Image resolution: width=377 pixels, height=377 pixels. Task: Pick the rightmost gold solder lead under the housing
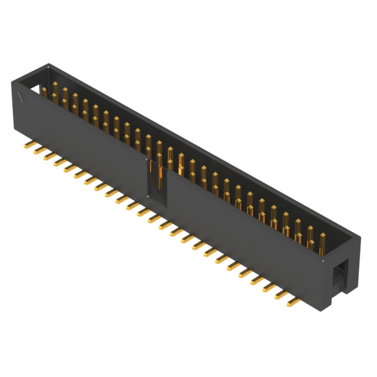coord(293,303)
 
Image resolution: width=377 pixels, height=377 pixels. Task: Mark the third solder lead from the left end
coord(50,156)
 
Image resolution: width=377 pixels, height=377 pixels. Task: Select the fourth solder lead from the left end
coord(61,163)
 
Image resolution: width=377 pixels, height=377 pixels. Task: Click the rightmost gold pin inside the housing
coord(323,242)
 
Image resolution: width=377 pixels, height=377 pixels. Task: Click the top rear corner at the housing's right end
coord(361,236)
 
